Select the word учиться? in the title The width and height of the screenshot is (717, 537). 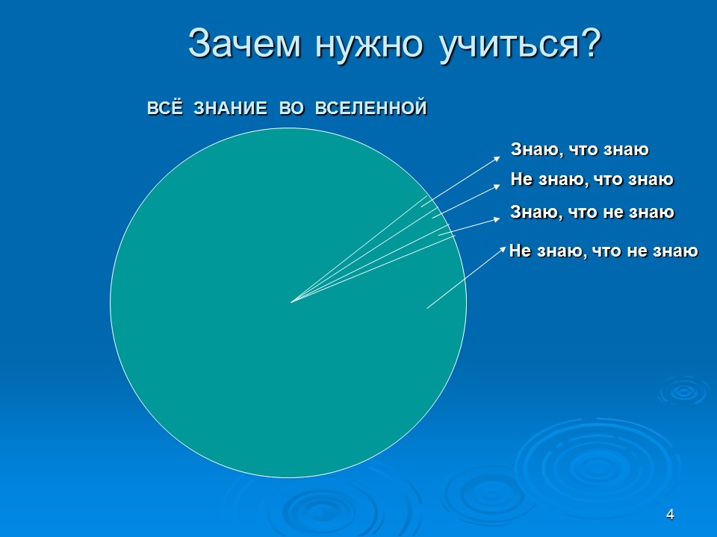point(512,45)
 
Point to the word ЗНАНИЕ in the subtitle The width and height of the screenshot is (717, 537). point(231,109)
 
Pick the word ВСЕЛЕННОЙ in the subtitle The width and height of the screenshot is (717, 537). point(371,109)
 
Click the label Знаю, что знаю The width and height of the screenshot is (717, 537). point(580,150)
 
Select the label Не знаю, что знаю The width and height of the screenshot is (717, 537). point(592,180)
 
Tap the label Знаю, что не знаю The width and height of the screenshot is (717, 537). point(592,213)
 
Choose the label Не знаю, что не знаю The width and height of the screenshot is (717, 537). point(603,252)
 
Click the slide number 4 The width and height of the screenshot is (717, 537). point(670,515)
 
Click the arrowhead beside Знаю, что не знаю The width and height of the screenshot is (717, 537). point(498,219)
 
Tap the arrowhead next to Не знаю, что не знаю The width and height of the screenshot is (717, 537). point(502,248)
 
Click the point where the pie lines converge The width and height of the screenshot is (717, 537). point(291,302)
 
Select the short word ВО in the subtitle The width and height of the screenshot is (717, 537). point(291,109)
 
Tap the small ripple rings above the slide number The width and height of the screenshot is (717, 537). point(682,389)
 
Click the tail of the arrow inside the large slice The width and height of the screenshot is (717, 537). point(427,307)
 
